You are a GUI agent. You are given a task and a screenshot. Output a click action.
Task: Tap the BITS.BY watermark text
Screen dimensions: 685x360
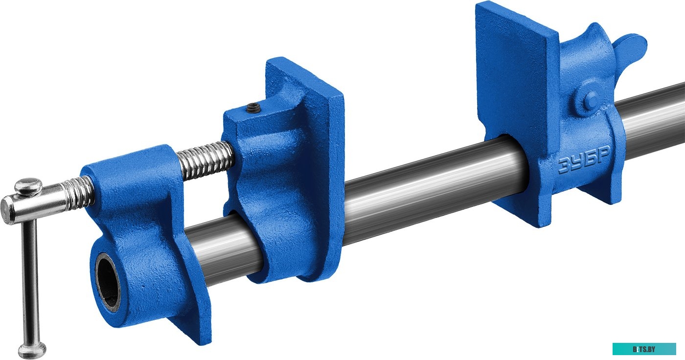(x=644, y=349)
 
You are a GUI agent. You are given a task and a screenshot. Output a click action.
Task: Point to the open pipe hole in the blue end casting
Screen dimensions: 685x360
(x=108, y=282)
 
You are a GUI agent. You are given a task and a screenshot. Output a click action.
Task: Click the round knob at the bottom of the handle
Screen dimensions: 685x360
(x=32, y=350)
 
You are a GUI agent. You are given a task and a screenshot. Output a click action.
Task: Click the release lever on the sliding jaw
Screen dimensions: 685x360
(x=630, y=48)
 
